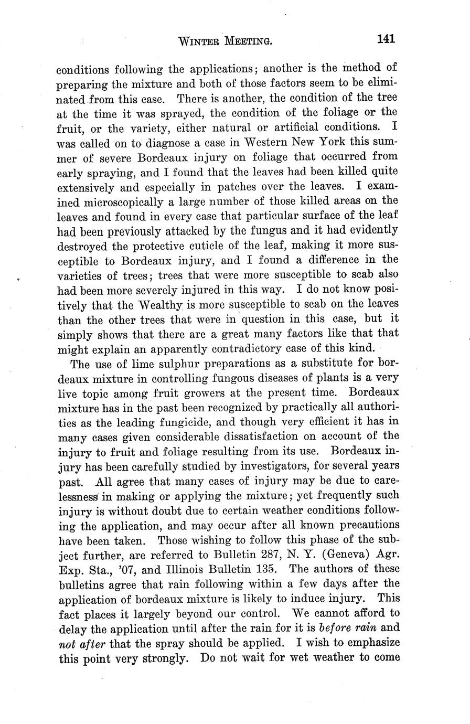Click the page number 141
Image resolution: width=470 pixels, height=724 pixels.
pyautogui.click(x=384, y=39)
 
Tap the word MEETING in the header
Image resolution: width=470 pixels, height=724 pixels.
pyautogui.click(x=248, y=40)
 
